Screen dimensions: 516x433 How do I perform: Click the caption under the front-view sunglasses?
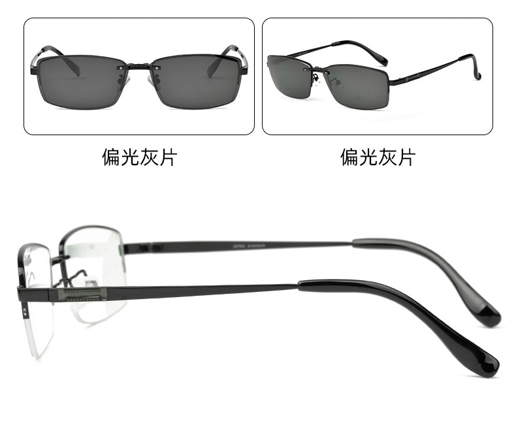[139, 157]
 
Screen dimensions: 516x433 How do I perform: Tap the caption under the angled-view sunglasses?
[378, 157]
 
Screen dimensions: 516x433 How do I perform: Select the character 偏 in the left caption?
[111, 157]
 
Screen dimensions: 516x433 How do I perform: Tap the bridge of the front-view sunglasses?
[139, 65]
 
